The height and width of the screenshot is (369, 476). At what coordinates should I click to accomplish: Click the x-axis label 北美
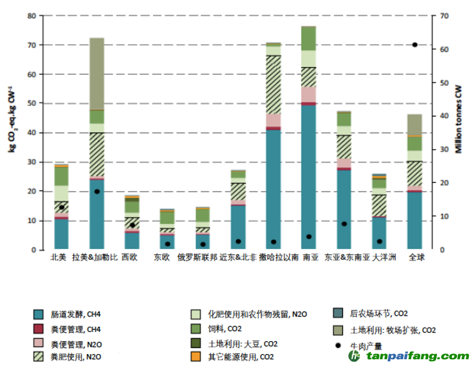(x=59, y=258)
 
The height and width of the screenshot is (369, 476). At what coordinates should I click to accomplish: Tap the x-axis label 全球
(x=416, y=258)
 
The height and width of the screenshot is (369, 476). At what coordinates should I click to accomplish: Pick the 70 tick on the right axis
(x=444, y=16)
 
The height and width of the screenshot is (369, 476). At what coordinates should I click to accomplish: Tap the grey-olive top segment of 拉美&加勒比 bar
(x=97, y=73)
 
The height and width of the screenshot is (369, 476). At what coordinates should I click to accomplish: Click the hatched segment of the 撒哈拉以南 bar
(x=273, y=84)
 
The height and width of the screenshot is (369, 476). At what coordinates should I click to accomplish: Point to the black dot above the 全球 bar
(x=415, y=45)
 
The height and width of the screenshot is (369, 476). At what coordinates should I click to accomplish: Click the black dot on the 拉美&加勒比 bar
(x=97, y=192)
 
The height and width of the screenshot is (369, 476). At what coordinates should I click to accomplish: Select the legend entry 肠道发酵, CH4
(x=72, y=313)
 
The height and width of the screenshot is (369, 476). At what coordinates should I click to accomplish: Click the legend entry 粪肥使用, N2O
(x=72, y=357)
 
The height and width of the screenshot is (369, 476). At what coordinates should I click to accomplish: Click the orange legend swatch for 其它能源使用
(x=195, y=357)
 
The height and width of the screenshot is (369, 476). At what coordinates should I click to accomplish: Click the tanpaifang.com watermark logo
(x=409, y=357)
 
